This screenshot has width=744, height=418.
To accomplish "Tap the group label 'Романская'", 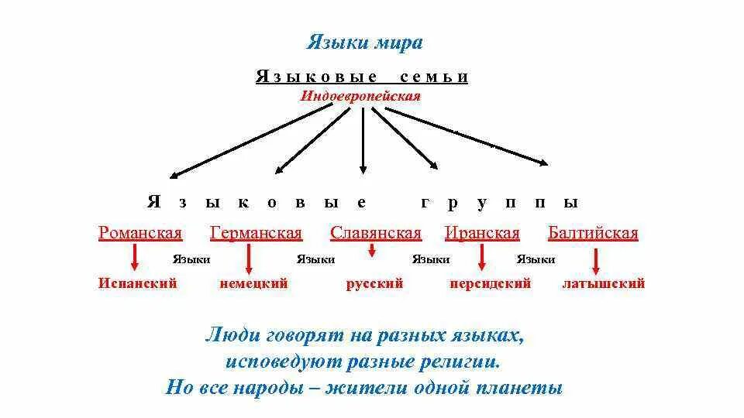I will coord(140,233).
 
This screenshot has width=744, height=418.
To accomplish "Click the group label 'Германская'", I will coord(256,233).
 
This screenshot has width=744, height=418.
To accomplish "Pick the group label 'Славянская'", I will coord(375,233).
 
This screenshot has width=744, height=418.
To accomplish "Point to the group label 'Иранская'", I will coord(481,233).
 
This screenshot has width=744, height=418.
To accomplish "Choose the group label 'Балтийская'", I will coord(593,233).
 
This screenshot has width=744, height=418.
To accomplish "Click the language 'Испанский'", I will coord(138,283).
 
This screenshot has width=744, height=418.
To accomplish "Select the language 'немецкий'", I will coord(253,283).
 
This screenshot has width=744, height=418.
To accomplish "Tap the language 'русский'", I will coord(374,283).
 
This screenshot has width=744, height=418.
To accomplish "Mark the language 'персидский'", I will coord(490,283).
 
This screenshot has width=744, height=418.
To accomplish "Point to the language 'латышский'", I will coord(603,283).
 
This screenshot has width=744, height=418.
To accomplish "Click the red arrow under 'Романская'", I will coord(136,258).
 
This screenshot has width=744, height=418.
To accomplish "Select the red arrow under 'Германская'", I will coord(249,259).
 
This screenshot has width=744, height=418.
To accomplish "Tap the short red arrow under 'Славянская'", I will coord(372,250).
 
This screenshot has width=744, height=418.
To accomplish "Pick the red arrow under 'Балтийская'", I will coord(595,261).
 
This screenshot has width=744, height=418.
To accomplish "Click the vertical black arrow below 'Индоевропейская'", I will coord(362,139).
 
